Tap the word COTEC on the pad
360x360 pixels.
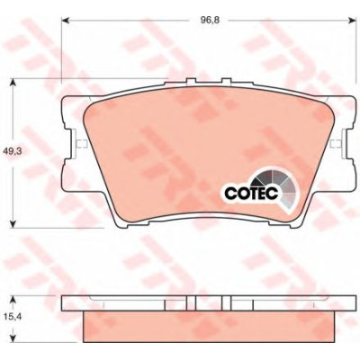pyautogui.click(x=251, y=193)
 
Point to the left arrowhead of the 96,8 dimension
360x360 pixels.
pyautogui.click(x=66, y=20)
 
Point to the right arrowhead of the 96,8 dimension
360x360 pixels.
pyautogui.click(x=351, y=20)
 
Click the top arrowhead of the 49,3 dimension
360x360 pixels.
pyautogui.click(x=13, y=83)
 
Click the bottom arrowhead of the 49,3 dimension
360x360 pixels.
pyautogui.click(x=13, y=224)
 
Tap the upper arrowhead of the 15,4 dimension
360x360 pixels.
pyautogui.click(x=13, y=300)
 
